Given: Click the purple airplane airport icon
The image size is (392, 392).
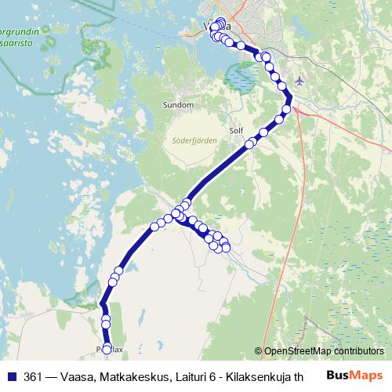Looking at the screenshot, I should (x=300, y=81).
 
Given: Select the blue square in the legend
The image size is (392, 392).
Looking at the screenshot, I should (x=12, y=376).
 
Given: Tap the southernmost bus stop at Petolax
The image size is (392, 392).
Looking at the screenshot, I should (x=107, y=347).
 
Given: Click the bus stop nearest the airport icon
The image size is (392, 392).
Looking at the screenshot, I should (x=286, y=109).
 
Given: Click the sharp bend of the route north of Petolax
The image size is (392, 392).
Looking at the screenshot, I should (x=101, y=304).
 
